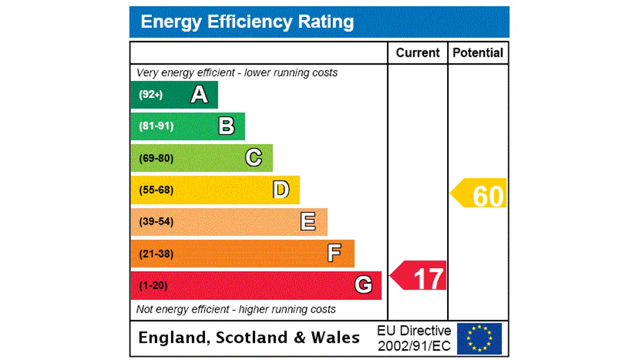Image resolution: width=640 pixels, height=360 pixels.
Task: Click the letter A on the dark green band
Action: (x=199, y=94)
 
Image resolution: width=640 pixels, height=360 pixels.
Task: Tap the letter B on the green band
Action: (x=226, y=126)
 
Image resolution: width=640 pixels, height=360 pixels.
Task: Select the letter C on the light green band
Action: (x=253, y=158)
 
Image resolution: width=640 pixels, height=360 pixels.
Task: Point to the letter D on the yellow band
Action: (x=281, y=190)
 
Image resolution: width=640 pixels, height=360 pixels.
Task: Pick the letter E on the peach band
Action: (x=308, y=221)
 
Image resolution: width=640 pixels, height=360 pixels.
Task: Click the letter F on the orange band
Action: (x=334, y=253)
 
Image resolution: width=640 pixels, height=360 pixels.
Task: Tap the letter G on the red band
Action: (x=363, y=285)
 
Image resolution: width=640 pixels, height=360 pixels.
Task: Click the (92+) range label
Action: (x=150, y=94)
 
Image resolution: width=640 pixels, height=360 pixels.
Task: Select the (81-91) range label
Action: (x=156, y=126)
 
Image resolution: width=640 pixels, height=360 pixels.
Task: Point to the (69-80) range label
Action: (x=156, y=158)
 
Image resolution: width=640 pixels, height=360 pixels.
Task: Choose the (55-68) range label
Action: (x=156, y=190)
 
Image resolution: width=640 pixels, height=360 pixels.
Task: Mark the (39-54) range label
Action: (x=156, y=221)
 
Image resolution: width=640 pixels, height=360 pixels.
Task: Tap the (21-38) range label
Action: (x=156, y=253)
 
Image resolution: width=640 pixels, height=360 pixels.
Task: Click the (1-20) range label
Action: (x=153, y=285)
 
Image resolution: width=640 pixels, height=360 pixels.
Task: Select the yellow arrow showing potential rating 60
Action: (x=479, y=193)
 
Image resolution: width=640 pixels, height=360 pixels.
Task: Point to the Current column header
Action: (x=417, y=53)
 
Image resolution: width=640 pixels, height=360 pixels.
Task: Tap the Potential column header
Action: (x=478, y=53)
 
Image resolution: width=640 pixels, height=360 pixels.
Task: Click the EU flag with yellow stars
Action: (x=479, y=338)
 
